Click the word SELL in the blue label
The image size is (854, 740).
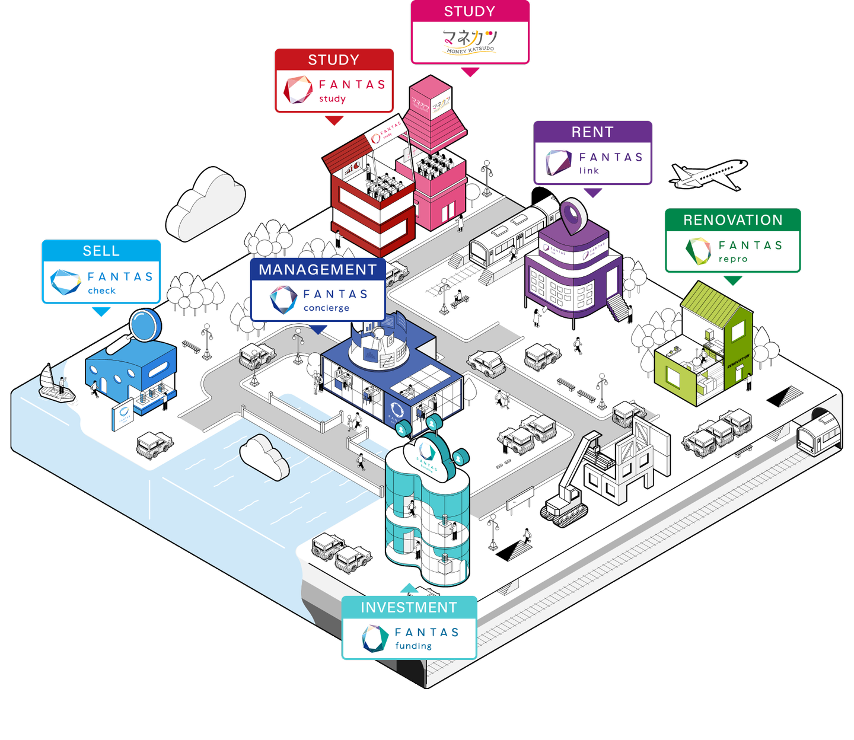tap(101, 251)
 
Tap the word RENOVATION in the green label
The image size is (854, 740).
tap(732, 220)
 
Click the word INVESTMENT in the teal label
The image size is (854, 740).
tap(409, 608)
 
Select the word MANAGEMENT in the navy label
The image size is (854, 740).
tap(317, 270)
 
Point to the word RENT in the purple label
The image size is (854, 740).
tap(592, 132)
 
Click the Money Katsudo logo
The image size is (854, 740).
tap(470, 42)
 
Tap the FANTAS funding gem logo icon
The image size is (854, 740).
tap(375, 639)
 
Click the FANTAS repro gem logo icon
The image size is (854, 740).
tap(698, 251)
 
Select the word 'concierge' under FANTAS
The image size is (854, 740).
tap(326, 308)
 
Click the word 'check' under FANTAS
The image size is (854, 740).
tap(101, 291)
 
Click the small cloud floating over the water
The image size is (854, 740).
tap(264, 456)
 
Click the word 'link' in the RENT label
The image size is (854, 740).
tap(589, 171)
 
